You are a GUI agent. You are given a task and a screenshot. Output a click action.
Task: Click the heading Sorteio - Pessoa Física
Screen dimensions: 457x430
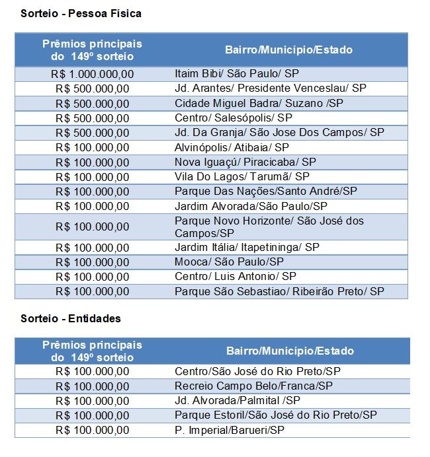pos(81,13)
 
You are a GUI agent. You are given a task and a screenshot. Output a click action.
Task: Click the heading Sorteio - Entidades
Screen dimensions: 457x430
pos(71,318)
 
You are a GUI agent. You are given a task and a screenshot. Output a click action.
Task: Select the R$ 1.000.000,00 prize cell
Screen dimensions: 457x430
pos(92,74)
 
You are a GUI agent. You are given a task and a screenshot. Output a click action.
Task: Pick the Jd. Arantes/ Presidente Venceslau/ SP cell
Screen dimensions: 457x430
pos(270,88)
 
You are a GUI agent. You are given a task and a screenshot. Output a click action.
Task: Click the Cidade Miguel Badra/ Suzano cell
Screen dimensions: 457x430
pos(259,103)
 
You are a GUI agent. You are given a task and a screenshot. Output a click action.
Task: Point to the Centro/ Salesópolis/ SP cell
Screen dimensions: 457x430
pos(233,118)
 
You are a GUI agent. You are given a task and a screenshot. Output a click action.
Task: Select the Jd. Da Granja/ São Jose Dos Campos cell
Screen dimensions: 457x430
pos(279,132)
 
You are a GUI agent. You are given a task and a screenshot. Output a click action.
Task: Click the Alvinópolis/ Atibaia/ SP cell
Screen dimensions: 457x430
pos(232,147)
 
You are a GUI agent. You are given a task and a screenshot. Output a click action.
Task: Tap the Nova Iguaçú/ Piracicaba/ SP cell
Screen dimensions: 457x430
pos(245,162)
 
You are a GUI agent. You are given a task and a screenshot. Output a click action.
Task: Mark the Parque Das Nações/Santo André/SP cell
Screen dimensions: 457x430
pos(265,191)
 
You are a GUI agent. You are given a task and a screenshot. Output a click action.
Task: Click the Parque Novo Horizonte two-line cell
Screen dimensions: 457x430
pos(269,227)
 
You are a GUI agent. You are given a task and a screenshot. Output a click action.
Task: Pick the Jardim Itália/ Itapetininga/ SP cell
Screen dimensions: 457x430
pos(247,247)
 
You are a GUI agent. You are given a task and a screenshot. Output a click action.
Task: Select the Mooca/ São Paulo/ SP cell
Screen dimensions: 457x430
pos(225,262)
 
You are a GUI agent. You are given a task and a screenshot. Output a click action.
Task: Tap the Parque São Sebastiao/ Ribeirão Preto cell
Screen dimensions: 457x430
pos(279,291)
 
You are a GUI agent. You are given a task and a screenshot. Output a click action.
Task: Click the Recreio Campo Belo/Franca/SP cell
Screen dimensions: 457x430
pos(253,386)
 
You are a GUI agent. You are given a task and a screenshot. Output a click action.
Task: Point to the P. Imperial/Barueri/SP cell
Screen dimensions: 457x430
pos(230,430)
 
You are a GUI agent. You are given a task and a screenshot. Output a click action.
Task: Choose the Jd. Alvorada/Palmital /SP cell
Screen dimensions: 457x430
pos(237,400)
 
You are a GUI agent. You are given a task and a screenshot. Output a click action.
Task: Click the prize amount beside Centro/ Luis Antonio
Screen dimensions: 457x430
pos(92,276)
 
